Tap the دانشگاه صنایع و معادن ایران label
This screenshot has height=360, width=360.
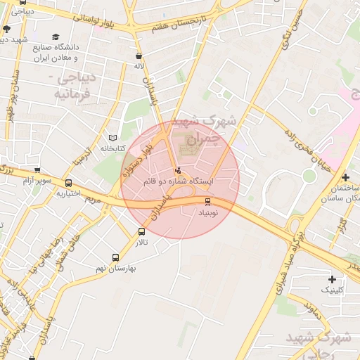[56, 52]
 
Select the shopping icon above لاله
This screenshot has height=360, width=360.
[139, 55]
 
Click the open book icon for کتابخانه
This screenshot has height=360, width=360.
[114, 137]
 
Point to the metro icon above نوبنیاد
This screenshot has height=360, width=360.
[207, 201]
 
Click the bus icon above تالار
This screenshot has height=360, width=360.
[141, 231]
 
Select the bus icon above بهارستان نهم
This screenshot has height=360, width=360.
[115, 257]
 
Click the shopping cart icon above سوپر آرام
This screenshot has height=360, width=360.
[37, 170]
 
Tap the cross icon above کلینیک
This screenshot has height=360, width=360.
[332, 279]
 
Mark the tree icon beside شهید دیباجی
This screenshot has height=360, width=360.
[6, 29]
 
